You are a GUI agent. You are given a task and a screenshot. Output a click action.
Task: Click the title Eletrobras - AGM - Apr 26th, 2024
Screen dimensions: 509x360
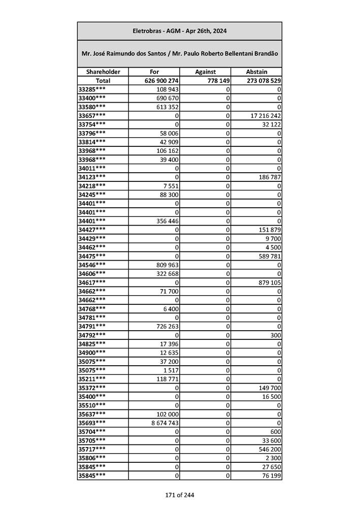click(x=179, y=31)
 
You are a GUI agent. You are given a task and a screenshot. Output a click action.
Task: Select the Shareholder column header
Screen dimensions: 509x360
click(x=103, y=72)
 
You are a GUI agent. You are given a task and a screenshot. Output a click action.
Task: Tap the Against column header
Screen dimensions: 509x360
click(x=205, y=72)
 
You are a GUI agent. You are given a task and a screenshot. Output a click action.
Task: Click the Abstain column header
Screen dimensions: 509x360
click(x=256, y=72)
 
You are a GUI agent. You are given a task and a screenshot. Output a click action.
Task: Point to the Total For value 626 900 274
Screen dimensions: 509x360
click(x=154, y=81)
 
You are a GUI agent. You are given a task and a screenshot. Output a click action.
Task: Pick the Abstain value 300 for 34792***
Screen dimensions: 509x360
click(x=276, y=335)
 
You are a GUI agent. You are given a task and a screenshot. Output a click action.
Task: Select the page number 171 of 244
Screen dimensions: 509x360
click(x=179, y=495)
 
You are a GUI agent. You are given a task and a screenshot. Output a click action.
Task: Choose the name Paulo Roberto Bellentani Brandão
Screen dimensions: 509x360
click(x=224, y=53)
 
